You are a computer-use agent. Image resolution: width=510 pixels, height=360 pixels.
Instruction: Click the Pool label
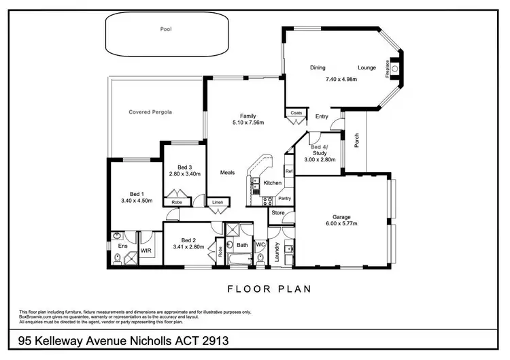(x=166, y=29)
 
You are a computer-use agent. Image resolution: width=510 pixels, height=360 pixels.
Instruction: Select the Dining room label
(x=318, y=68)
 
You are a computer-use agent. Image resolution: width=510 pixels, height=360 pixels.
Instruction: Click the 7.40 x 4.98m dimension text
(x=341, y=80)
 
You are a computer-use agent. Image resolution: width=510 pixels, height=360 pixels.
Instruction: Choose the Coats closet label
(x=296, y=113)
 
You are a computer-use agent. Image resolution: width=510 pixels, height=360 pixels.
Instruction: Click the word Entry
(x=322, y=116)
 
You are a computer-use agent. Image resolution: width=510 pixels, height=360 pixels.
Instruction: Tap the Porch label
(x=356, y=140)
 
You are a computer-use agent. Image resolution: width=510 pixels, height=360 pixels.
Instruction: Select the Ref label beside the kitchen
(x=288, y=171)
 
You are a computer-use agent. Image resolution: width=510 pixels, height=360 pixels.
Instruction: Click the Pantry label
(x=284, y=198)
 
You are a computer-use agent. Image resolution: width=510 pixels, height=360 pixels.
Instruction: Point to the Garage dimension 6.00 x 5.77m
(x=341, y=223)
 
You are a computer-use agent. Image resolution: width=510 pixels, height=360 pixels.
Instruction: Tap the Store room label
(x=277, y=213)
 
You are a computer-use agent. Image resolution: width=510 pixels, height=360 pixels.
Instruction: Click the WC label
(x=260, y=244)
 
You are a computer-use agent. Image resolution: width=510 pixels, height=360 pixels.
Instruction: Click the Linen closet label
(x=217, y=202)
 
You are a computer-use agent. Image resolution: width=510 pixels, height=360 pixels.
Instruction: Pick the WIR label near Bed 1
(x=146, y=251)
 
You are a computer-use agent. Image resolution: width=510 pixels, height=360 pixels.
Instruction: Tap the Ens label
(x=122, y=246)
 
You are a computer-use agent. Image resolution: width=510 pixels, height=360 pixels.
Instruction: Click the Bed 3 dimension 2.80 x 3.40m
(x=186, y=174)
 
